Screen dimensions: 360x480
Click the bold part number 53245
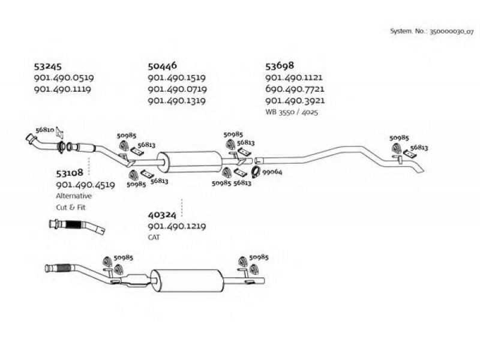pos(49,67)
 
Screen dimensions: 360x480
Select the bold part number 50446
pos(163,67)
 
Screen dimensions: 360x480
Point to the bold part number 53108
pos(69,173)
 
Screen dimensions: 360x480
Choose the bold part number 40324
pos(161,214)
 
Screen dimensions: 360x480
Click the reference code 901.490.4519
pos(85,185)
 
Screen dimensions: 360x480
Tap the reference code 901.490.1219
pos(177,226)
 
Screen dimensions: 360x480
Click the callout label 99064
pos(272,172)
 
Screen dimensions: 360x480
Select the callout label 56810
pos(45,130)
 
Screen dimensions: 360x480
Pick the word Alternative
pos(74,196)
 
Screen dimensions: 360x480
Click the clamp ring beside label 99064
pos(254,173)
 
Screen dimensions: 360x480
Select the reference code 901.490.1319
pos(177,101)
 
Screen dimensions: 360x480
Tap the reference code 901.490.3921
pos(295,101)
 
